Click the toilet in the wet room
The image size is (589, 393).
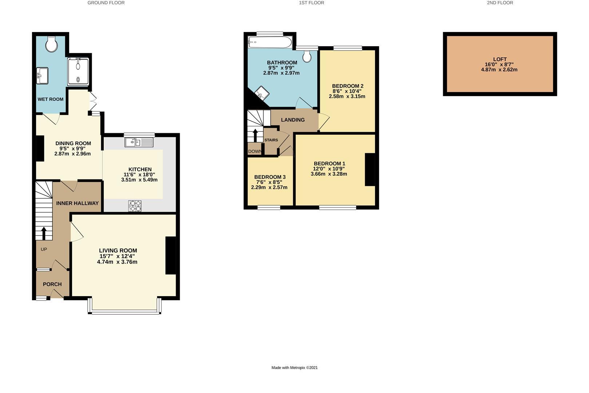(x=51, y=44)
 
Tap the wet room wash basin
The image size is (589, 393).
(x=42, y=76)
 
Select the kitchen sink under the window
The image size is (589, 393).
(x=139, y=142)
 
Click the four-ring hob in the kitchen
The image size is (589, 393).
(x=135, y=206)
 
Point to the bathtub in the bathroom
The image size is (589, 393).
(x=270, y=42)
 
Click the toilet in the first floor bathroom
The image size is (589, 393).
(x=307, y=56)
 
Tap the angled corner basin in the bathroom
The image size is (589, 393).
(x=262, y=93)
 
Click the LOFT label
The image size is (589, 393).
(x=500, y=59)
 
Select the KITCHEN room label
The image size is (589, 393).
(x=140, y=170)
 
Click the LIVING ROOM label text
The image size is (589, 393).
(x=118, y=251)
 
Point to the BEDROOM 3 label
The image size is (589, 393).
(x=270, y=177)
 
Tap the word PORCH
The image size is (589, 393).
(x=52, y=284)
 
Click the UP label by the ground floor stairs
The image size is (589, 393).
(x=44, y=249)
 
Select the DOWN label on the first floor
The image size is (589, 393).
(x=255, y=151)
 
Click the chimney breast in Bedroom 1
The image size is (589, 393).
(x=370, y=170)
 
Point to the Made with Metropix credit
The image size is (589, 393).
(x=295, y=368)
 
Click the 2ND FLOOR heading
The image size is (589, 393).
(x=500, y=3)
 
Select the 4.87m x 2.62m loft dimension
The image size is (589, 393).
(x=499, y=70)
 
